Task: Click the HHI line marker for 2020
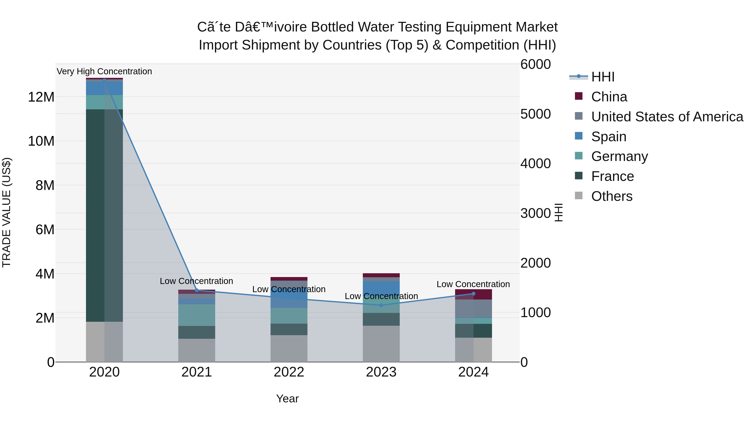104,80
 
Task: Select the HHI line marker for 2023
381,305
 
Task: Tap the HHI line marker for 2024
473,294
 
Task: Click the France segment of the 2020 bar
104,216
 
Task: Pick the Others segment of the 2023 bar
381,344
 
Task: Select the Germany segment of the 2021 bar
197,315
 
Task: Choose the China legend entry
609,97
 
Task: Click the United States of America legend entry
667,117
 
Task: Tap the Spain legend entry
608,137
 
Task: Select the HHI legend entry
603,77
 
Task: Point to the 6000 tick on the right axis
535,64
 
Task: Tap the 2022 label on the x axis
289,372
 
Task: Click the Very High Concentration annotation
104,71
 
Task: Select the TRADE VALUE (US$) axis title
7,212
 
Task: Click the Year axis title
287,399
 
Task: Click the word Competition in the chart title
482,45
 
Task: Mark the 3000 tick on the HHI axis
535,213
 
